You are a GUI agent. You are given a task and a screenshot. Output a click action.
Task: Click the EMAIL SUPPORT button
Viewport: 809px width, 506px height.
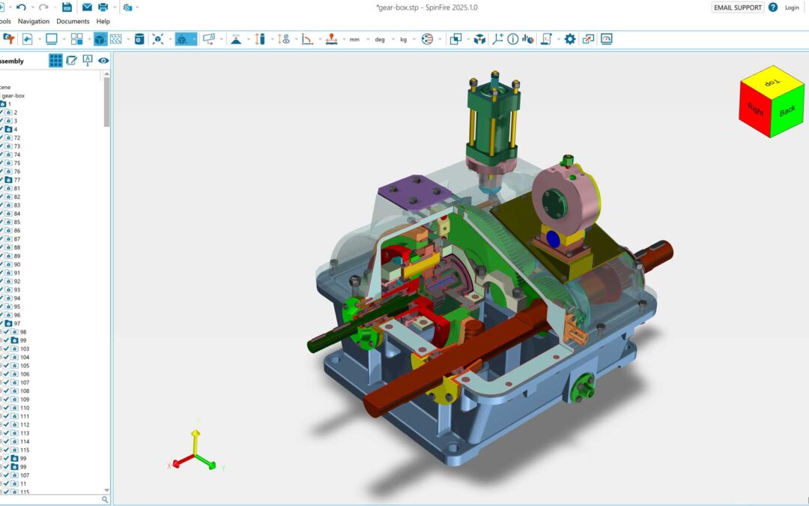tap(737, 7)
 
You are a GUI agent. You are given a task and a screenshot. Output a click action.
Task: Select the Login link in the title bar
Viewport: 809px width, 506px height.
tap(792, 7)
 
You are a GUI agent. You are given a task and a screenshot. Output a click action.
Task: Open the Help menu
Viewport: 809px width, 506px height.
tap(103, 22)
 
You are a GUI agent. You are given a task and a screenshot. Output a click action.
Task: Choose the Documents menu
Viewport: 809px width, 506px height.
tap(73, 22)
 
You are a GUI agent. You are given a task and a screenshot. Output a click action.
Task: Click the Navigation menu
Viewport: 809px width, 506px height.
tap(34, 22)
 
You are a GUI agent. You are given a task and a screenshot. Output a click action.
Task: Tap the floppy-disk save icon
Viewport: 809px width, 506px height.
tap(67, 7)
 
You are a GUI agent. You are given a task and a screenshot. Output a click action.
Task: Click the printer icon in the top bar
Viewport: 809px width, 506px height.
tap(103, 7)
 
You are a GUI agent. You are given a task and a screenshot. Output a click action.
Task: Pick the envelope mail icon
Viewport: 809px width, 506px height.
tap(87, 7)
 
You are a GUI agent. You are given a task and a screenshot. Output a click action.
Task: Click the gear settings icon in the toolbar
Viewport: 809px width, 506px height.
tap(570, 39)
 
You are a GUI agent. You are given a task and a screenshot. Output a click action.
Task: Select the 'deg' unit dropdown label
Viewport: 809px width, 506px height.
tap(380, 40)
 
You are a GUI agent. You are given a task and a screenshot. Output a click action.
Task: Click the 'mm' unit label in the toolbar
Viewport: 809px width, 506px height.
tap(354, 40)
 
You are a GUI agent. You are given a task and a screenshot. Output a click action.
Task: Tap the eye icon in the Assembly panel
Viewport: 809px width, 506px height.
tap(103, 61)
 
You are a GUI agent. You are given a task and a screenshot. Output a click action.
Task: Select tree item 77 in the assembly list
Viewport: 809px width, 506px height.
tap(16, 180)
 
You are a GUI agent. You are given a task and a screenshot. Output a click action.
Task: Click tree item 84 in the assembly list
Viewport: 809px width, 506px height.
tap(16, 214)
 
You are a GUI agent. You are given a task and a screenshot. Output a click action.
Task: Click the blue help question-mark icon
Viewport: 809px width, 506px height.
tap(773, 7)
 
